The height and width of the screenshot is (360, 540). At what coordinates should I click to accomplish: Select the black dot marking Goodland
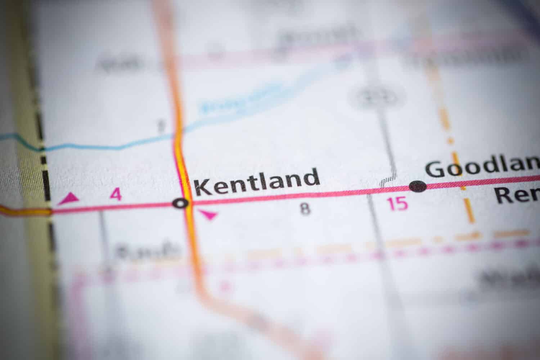pyautogui.click(x=418, y=186)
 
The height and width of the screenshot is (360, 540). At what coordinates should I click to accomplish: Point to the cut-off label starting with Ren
pyautogui.click(x=517, y=196)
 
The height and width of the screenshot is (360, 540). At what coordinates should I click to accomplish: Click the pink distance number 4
pyautogui.click(x=116, y=194)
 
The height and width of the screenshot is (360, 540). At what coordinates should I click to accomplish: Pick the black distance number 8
pyautogui.click(x=305, y=209)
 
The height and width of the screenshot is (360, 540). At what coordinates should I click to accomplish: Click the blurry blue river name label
pyautogui.click(x=242, y=99)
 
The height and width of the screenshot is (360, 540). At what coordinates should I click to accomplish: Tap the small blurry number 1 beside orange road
pyautogui.click(x=161, y=126)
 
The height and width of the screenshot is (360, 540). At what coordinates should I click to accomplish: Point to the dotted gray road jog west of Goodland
pyautogui.click(x=388, y=180)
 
